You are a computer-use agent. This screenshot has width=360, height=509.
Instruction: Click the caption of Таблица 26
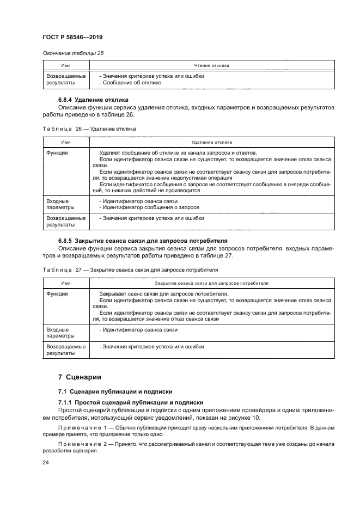coord(89,129)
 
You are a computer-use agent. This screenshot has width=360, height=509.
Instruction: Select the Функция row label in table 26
coord(57,153)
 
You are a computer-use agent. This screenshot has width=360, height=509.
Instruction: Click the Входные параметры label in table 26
coord(57,204)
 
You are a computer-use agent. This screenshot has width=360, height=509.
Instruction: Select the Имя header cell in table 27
coord(65,283)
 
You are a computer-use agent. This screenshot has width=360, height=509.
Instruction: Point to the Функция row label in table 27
coord(57,294)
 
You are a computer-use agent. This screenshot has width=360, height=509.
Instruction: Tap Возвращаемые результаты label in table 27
coord(66,349)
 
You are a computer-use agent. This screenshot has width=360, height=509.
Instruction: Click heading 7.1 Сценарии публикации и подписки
coord(115,391)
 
